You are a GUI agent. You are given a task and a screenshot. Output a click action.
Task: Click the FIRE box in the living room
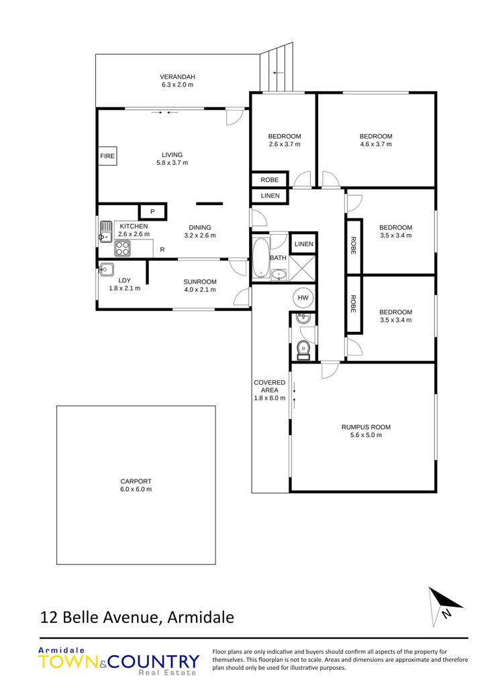coord(107,156)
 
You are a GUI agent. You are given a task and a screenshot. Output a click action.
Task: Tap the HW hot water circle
coord(303,298)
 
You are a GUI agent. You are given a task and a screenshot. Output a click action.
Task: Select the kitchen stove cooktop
coord(123,248)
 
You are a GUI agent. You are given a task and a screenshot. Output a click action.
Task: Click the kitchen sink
coord(106,232)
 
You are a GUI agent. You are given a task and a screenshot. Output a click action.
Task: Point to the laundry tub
coord(107,270)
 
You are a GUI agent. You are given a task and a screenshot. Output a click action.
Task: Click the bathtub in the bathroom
coord(260,257)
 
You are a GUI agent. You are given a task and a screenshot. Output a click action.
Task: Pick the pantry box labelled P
coord(153,212)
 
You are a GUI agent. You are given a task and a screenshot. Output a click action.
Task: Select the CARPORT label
coord(136,481)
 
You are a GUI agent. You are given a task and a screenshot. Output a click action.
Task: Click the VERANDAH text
coord(177,77)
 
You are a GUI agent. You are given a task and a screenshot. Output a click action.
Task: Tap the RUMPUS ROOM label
coord(366,427)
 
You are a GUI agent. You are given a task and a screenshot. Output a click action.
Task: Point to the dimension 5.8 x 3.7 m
coord(172,163)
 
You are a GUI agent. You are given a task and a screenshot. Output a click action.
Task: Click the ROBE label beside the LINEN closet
coord(270,180)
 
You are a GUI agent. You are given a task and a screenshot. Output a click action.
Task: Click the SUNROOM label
coord(200,282)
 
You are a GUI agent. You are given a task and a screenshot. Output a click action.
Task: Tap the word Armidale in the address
coord(201,618)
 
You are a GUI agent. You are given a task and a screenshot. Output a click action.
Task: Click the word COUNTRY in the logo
coord(154,662)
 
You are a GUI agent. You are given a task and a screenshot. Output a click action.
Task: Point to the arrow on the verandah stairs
coord(279,72)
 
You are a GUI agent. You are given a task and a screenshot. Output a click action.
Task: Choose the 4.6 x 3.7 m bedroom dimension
coord(376,144)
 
